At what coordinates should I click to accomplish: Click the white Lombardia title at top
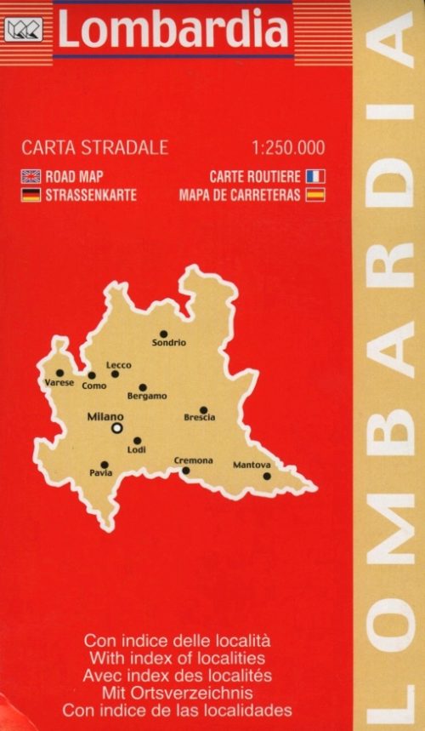tap(173, 31)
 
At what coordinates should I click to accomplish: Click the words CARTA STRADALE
tap(94, 147)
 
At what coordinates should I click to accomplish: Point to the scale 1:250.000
tap(288, 147)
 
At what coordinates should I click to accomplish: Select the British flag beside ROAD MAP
tap(31, 177)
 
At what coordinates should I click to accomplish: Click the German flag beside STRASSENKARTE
tap(31, 195)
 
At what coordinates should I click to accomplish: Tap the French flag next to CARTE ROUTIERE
tap(315, 177)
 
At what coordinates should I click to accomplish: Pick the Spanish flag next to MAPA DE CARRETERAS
tap(315, 195)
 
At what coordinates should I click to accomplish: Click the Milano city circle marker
tap(116, 429)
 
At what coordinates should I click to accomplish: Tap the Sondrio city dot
tap(164, 334)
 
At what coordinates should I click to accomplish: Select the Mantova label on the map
tap(252, 465)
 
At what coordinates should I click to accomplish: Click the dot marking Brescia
tap(203, 409)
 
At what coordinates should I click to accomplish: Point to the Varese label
tap(59, 383)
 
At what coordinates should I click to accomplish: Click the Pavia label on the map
tap(100, 473)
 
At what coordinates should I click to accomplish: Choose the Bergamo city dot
tap(142, 387)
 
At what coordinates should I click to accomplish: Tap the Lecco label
tap(118, 365)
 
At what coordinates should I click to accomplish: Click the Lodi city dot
tap(137, 441)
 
